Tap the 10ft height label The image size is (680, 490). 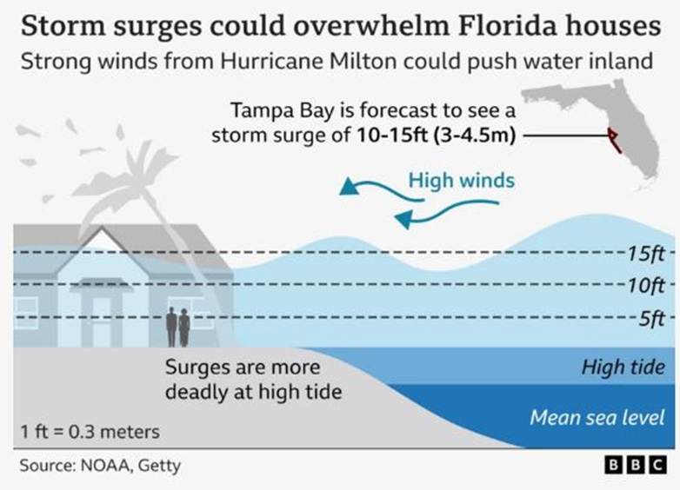[x=645, y=285]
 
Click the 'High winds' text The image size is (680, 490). [x=462, y=182]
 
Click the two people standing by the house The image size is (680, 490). [x=178, y=328]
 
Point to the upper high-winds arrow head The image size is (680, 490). [x=350, y=186]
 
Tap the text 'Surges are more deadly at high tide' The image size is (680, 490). [x=253, y=380]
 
